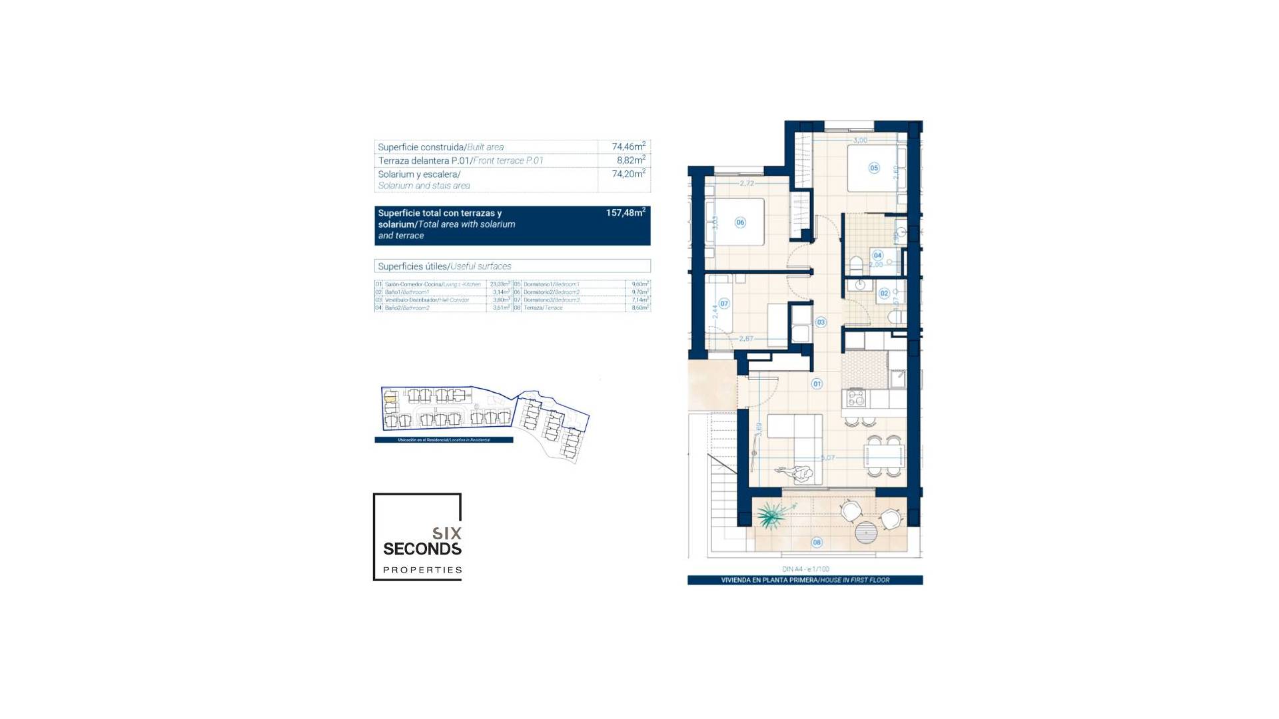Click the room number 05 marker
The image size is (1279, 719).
[x=874, y=168]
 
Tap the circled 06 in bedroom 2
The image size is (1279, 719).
[x=740, y=222]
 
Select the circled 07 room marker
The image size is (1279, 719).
[x=724, y=304]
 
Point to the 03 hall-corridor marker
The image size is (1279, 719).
[x=821, y=322]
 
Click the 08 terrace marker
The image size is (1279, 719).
[x=817, y=543]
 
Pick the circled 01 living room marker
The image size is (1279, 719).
[x=817, y=383]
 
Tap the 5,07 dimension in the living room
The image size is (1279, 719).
[x=827, y=457]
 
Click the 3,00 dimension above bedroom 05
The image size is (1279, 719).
[x=860, y=140]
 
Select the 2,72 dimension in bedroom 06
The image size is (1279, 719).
[x=747, y=183]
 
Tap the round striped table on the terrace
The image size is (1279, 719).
[x=866, y=532]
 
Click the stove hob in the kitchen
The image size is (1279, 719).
[x=855, y=399]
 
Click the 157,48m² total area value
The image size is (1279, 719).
[x=625, y=213]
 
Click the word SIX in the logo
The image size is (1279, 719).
[x=446, y=533]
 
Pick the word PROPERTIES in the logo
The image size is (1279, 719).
[x=422, y=570]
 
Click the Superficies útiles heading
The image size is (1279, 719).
[x=444, y=266]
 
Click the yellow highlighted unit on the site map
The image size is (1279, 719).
[x=391, y=398]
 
